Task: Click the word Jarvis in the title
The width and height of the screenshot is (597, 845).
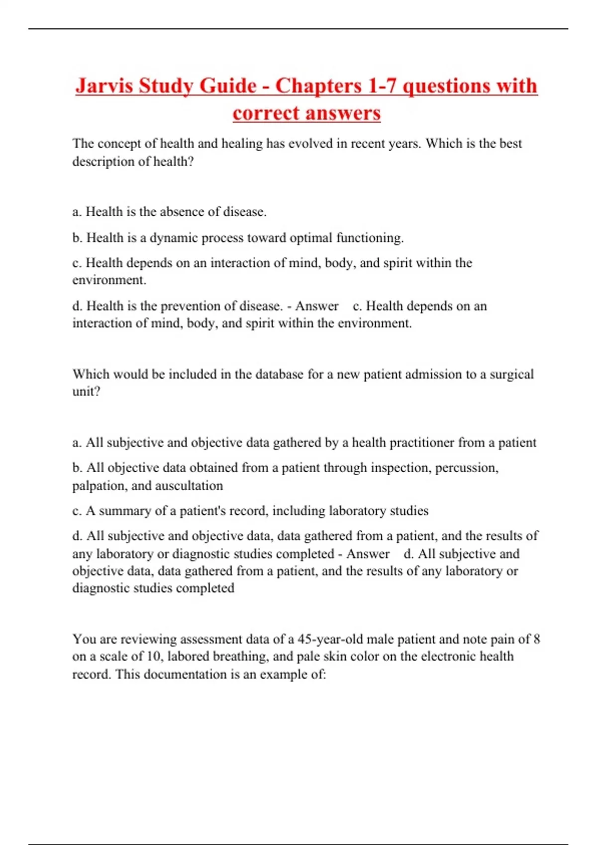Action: coord(104,86)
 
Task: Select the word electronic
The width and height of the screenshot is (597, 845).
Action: coord(448,657)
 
